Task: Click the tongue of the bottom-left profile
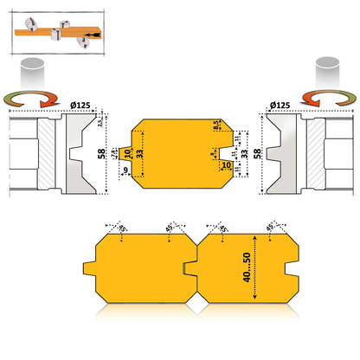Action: click(x=93, y=261)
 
